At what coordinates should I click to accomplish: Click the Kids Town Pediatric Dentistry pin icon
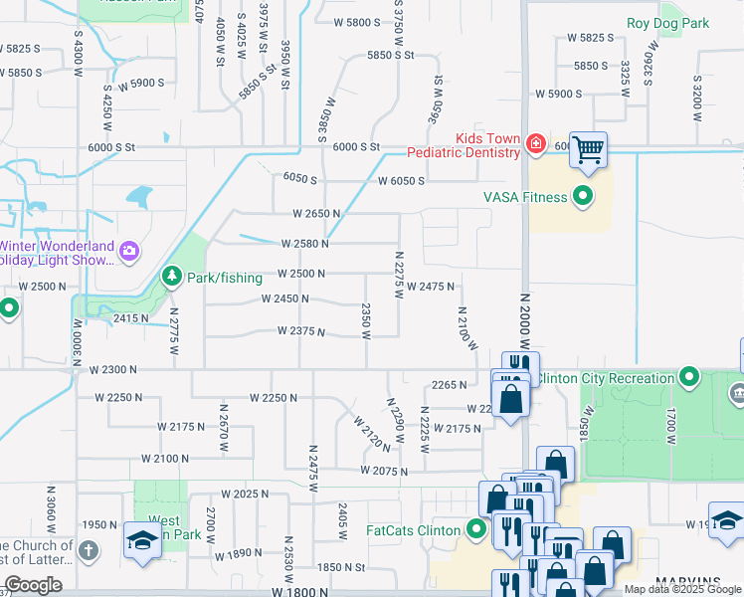pos(536,144)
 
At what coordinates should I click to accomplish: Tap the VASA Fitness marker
pos(583,196)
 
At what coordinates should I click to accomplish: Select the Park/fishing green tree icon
pos(172,275)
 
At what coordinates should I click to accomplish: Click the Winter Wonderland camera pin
pos(128,251)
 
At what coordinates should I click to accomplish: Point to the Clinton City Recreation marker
pos(688,377)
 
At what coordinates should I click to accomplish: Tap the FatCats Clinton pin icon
pos(475,528)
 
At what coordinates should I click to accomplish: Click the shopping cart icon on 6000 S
pos(589,150)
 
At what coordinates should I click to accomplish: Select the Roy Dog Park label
pos(667,23)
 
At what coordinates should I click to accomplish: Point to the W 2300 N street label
pos(112,369)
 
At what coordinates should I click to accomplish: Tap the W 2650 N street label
pos(316,214)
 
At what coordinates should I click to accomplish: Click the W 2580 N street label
pos(304,244)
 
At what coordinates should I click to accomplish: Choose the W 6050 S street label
pos(401,181)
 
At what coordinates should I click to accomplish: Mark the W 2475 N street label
pos(430,287)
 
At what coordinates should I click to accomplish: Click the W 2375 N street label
pos(301,331)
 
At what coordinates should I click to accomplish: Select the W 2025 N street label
pos(245,495)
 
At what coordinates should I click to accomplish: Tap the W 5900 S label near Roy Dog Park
pos(558,94)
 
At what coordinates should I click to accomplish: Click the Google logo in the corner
pos(33,585)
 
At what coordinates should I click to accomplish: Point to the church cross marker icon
pos(88,550)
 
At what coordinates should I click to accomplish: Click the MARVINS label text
pos(687,581)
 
